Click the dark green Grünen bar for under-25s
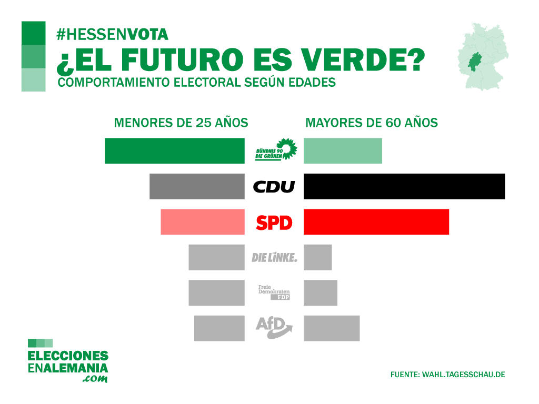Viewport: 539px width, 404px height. tap(175, 151)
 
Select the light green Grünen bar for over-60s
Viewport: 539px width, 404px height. tap(343, 151)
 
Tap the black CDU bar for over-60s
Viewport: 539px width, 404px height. tap(404, 186)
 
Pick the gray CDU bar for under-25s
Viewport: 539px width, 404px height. tap(197, 186)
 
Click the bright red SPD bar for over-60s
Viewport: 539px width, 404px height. tap(376, 222)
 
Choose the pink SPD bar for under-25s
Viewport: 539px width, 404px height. tap(203, 222)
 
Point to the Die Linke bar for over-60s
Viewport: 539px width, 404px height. tap(318, 257)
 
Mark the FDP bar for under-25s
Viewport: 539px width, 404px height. tap(216, 293)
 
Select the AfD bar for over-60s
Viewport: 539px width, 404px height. tap(332, 328)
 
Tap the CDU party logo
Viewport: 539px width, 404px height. tap(274, 187)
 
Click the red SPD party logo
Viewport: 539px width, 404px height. tap(274, 223)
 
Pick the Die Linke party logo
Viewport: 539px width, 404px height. tap(274, 258)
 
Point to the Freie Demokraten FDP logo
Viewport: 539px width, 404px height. tap(274, 293)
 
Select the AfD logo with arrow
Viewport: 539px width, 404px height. tap(274, 327)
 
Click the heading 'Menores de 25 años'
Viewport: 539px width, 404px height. tap(181, 123)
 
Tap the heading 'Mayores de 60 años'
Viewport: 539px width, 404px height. tap(372, 123)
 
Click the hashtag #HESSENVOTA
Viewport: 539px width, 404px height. tap(113, 35)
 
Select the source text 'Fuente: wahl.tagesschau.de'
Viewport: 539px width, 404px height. tap(447, 375)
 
